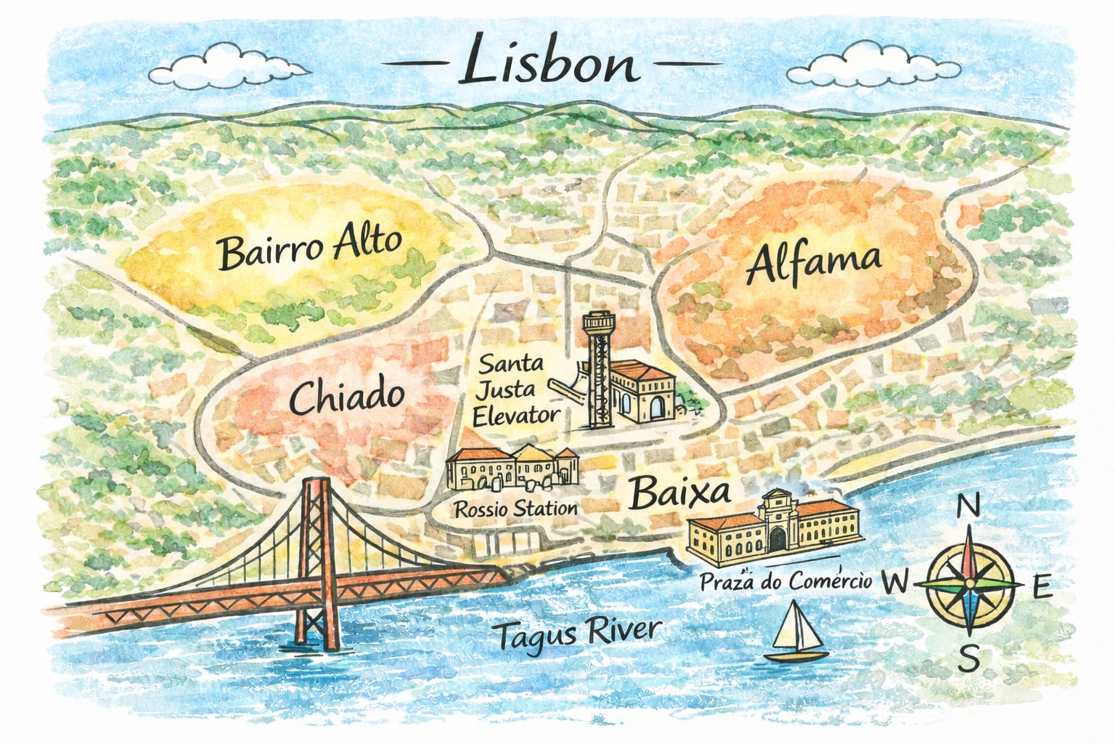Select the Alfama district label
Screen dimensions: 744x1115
click(814, 263)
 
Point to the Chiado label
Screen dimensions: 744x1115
click(347, 397)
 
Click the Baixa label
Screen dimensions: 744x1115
click(679, 493)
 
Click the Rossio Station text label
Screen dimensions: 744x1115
click(515, 508)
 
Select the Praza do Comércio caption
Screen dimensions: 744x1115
click(785, 581)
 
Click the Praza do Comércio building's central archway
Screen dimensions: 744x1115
click(778, 538)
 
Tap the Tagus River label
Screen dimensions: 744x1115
click(578, 634)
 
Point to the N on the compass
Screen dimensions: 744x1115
click(969, 506)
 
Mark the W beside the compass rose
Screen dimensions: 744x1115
click(896, 582)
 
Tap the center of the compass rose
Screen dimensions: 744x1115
click(970, 583)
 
